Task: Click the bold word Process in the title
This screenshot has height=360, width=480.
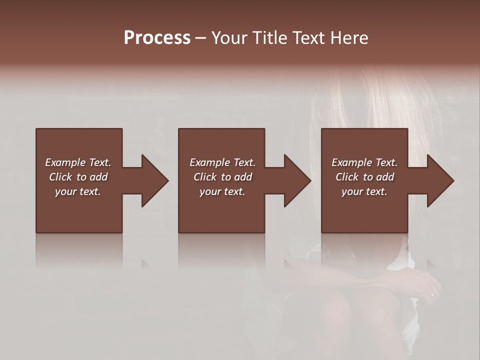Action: click(157, 37)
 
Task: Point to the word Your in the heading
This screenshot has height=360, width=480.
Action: click(229, 37)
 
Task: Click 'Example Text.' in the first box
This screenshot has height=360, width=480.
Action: click(78, 162)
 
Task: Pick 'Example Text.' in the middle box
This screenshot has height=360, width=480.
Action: click(222, 162)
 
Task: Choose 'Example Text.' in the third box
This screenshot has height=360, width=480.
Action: click(364, 162)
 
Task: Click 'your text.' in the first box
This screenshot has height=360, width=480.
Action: click(78, 191)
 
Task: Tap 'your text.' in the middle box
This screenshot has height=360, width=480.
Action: click(222, 191)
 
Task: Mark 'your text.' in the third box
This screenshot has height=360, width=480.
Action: click(364, 191)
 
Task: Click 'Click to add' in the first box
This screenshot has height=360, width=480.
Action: click(78, 177)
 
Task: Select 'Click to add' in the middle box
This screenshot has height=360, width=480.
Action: click(222, 177)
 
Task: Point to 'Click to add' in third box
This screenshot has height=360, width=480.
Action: click(364, 177)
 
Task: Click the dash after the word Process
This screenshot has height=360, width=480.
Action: click(200, 38)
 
